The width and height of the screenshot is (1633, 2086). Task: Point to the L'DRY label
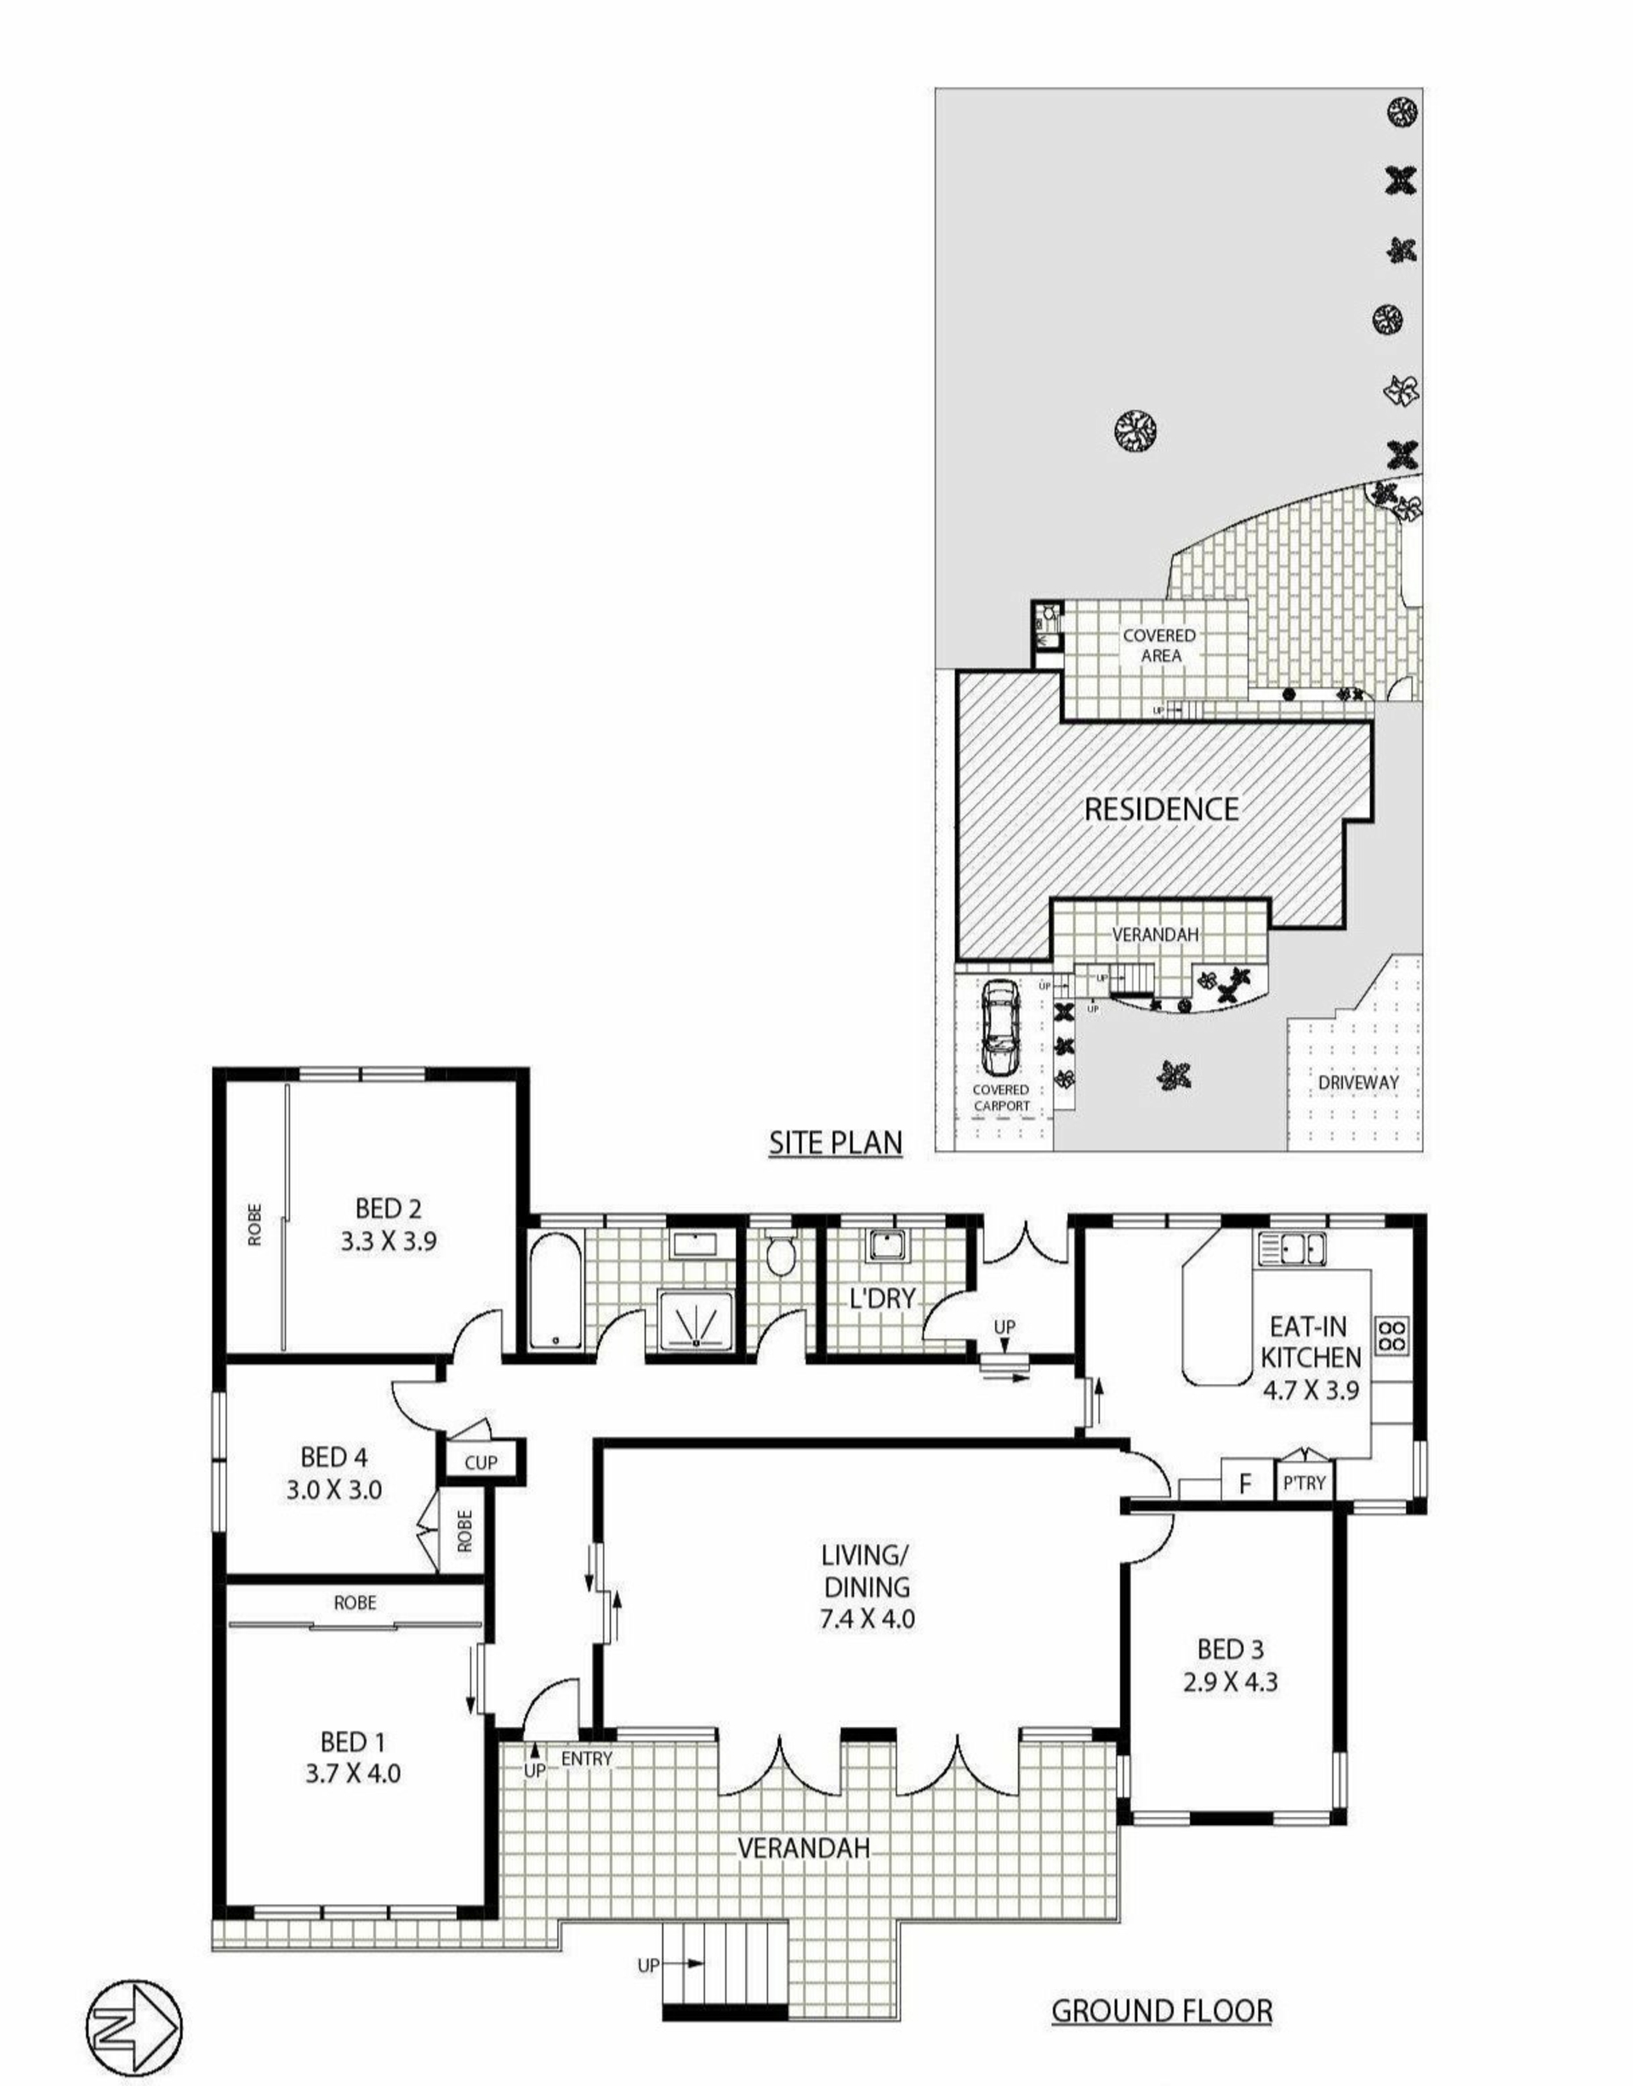tap(883, 1298)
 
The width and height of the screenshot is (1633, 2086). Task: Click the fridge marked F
tap(1246, 1484)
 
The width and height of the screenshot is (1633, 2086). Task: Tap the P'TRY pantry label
tap(1304, 1484)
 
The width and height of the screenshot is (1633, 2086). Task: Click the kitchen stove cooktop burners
tap(1392, 1333)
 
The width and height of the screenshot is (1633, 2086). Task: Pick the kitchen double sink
tap(1293, 1248)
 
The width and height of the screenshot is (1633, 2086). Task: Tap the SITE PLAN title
tap(835, 1143)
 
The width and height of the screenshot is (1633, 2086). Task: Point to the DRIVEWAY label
tap(1358, 1082)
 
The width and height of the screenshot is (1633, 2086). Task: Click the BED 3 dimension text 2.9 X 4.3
tap(1231, 1680)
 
